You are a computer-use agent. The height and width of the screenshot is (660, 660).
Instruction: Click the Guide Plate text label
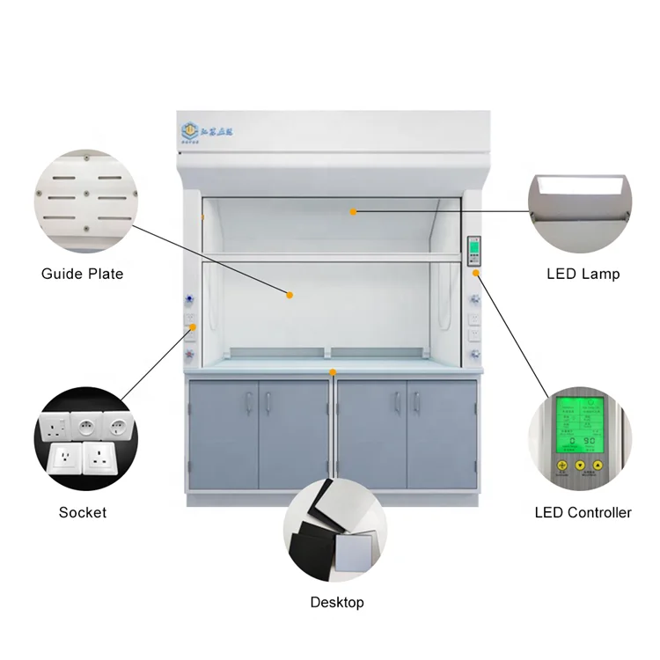point(82,274)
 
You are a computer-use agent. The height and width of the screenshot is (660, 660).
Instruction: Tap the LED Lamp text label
point(583,274)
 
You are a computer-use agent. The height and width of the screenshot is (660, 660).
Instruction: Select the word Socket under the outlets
point(82,512)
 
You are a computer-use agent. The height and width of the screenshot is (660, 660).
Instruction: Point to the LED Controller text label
point(583,512)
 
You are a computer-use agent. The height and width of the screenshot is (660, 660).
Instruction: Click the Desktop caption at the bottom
point(336,603)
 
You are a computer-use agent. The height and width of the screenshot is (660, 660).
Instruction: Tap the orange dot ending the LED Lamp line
point(354,211)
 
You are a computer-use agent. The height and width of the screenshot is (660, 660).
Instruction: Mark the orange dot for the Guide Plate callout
point(289,295)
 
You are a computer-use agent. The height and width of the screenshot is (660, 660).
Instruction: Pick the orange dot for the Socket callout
point(193,328)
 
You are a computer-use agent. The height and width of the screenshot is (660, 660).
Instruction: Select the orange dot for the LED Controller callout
point(476,273)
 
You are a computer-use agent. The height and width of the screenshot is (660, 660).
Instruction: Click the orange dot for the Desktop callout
point(333,373)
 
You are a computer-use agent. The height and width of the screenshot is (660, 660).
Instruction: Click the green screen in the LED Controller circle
point(580,422)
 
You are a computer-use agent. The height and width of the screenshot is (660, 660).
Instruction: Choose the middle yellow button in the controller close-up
point(580,466)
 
